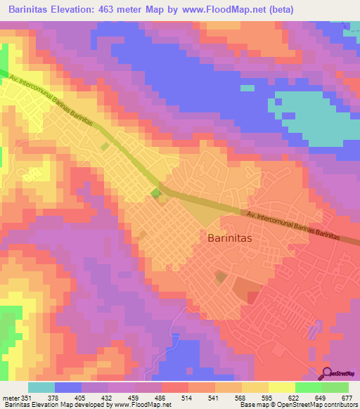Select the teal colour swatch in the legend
[x=41, y=387]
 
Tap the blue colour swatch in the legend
[x=68, y=387]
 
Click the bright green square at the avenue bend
[x=155, y=193]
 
